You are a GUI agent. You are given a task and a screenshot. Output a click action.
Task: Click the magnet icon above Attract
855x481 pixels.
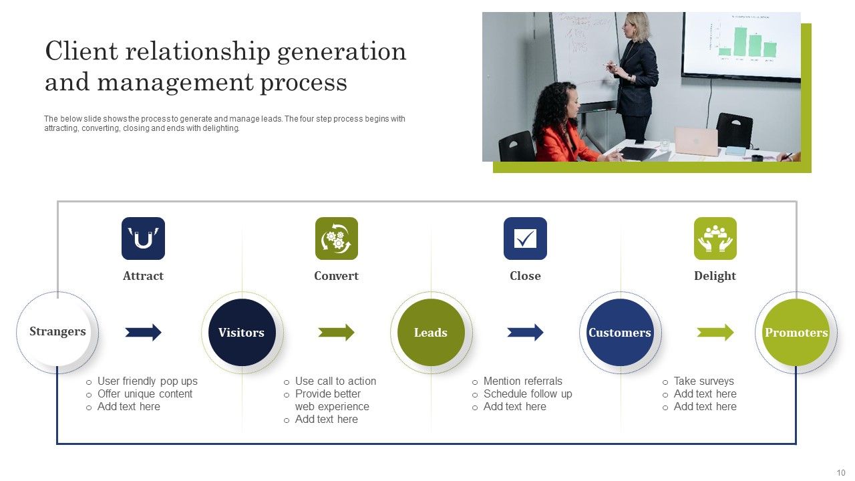143,238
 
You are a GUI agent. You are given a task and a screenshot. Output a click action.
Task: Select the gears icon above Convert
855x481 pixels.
336,238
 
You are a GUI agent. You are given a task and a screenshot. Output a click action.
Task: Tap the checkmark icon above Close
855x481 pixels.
525,238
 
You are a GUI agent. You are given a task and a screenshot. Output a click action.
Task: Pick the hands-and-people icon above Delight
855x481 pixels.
715,238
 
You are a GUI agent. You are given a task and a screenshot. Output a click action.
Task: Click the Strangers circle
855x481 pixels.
57,332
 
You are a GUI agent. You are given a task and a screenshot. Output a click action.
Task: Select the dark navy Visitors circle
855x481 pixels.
242,332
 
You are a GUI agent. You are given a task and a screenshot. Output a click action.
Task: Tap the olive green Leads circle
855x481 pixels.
431,332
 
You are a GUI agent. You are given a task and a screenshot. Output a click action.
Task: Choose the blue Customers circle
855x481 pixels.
620,332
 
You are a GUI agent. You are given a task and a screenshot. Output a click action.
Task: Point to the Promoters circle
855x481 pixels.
796,332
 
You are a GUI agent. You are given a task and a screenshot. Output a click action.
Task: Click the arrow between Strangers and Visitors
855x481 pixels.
144,332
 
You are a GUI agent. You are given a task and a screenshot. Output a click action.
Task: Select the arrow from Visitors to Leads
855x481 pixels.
336,332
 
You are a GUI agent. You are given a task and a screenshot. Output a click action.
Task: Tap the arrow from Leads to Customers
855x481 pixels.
525,332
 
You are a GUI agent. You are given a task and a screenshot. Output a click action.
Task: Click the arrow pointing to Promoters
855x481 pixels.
715,332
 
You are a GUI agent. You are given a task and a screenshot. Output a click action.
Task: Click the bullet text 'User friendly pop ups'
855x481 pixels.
147,381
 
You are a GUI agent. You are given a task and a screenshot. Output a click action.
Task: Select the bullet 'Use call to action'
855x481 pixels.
335,381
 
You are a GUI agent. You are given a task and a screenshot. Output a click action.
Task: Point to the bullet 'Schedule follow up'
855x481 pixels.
528,394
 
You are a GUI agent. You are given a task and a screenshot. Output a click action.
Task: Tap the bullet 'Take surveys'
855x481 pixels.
703,381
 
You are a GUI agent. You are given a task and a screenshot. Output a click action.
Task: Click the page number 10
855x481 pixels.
840,472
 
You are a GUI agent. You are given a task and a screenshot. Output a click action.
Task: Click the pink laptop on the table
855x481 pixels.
695,142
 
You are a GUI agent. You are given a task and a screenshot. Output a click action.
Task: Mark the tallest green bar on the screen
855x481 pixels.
740,41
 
